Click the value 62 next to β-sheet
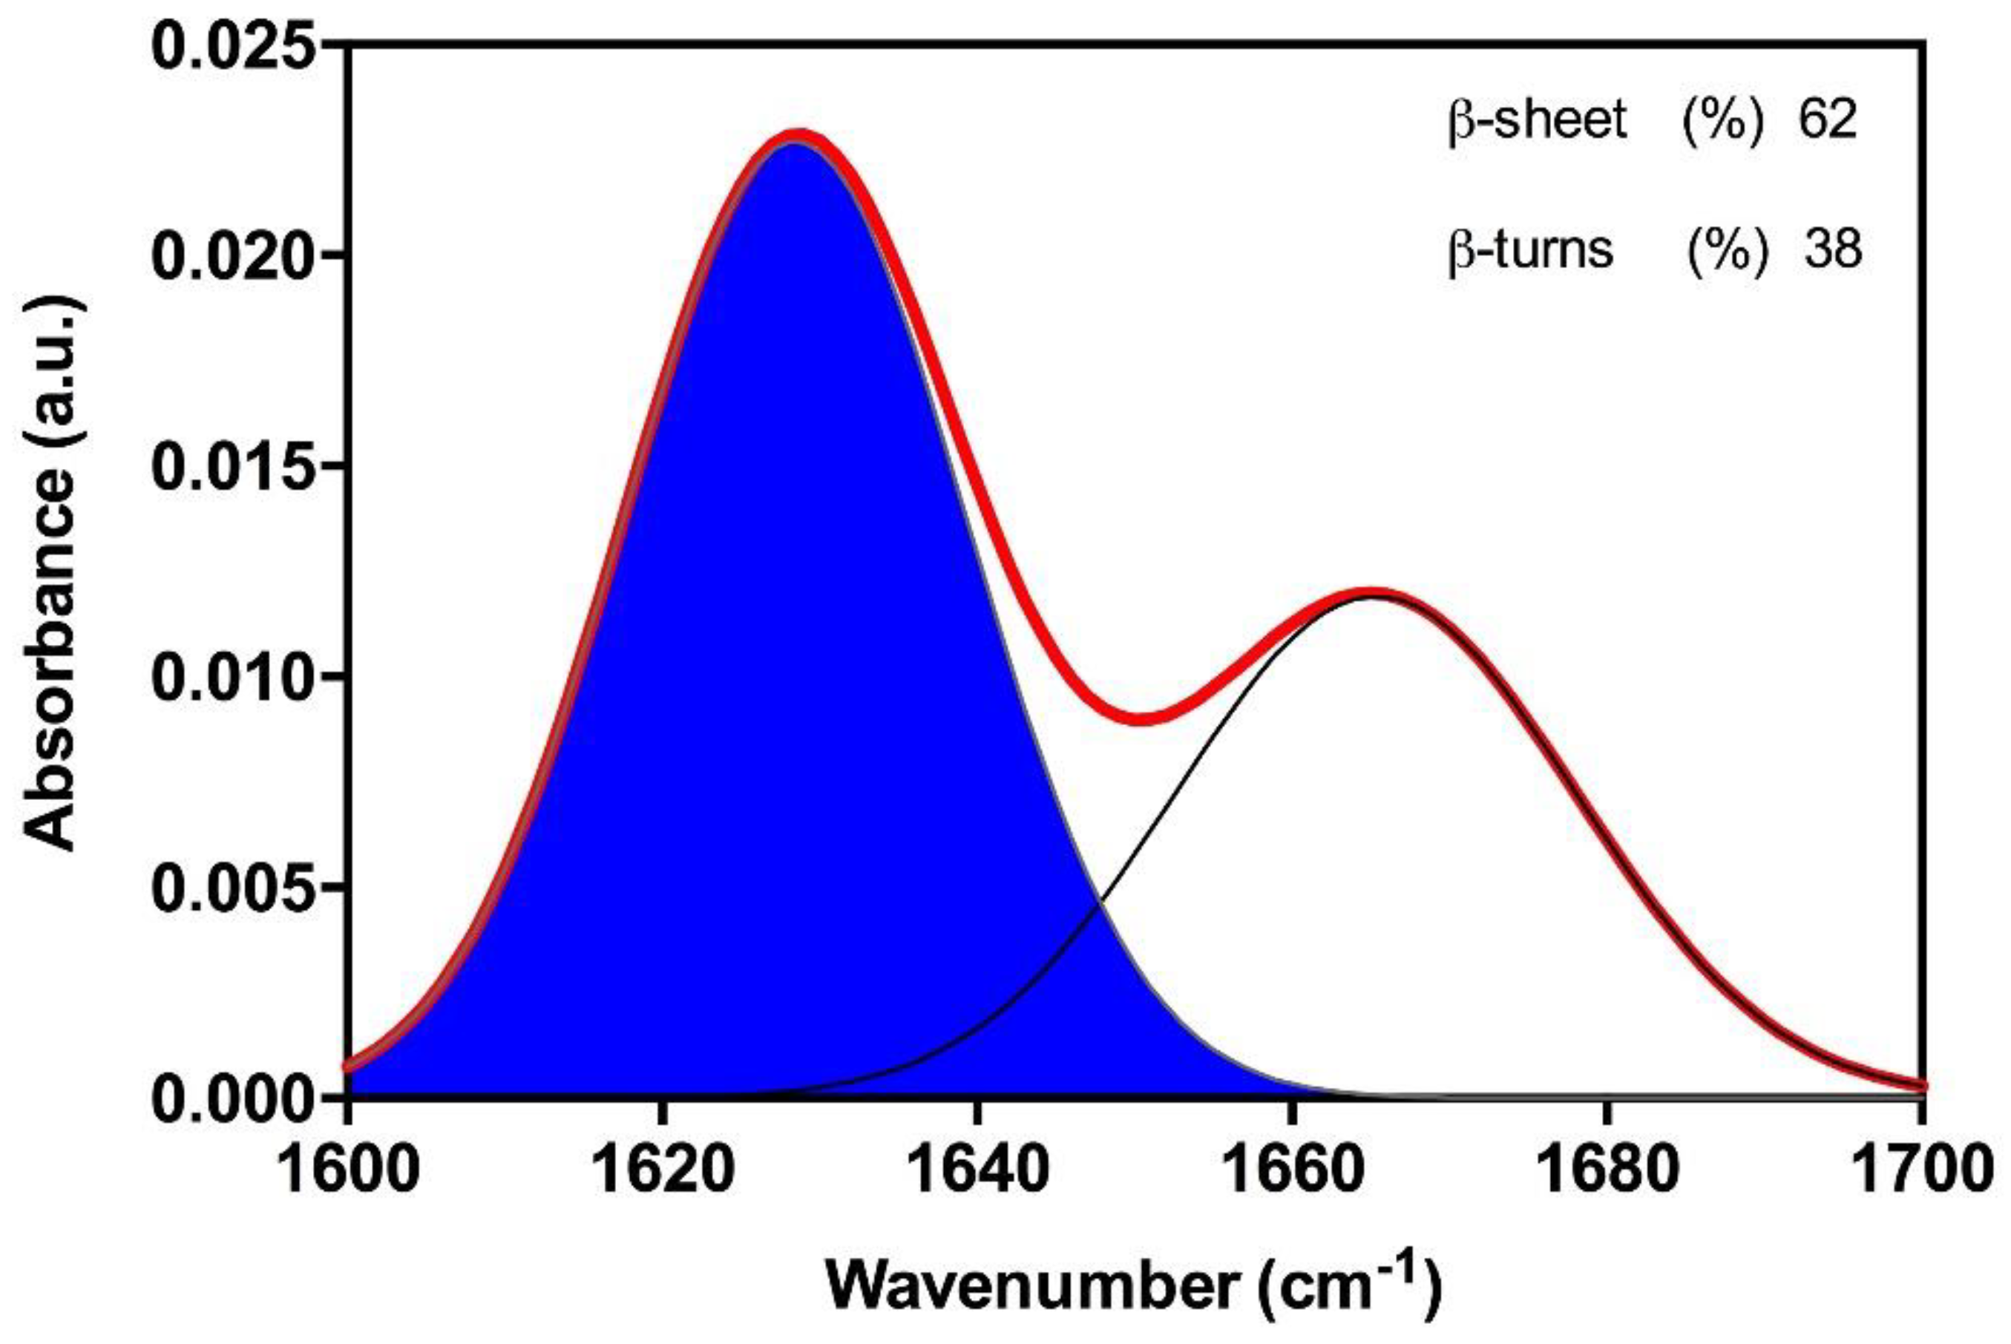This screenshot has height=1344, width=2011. (x=1828, y=121)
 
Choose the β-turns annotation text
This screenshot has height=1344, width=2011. (x=1530, y=251)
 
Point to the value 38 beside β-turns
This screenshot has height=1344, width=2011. (x=1832, y=249)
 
